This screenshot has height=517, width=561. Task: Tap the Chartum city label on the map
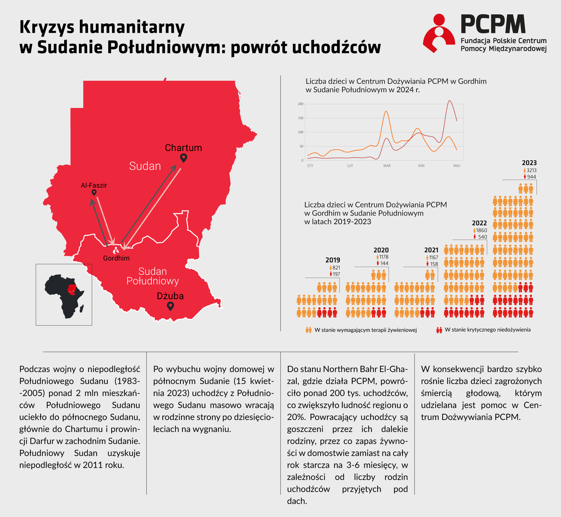(x=183, y=148)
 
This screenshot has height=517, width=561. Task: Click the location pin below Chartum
(x=183, y=158)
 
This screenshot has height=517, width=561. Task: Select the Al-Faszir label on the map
(x=94, y=185)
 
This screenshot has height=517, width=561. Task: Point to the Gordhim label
(x=116, y=258)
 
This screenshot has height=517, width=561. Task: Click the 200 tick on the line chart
(x=301, y=104)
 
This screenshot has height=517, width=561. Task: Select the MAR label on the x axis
(x=387, y=166)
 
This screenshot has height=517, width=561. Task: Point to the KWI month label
(x=421, y=166)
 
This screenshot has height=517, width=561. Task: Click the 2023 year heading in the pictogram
(x=529, y=163)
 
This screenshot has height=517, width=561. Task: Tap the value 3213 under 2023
(x=531, y=170)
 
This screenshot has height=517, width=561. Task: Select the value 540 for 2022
(x=482, y=237)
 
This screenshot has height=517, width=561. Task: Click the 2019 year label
(x=333, y=260)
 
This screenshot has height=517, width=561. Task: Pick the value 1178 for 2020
(x=383, y=257)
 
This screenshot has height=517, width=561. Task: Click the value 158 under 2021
(x=434, y=264)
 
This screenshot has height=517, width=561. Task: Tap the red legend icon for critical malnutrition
(x=439, y=330)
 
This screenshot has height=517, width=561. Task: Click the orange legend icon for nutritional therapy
(x=309, y=330)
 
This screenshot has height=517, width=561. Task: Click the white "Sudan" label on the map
(x=145, y=166)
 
